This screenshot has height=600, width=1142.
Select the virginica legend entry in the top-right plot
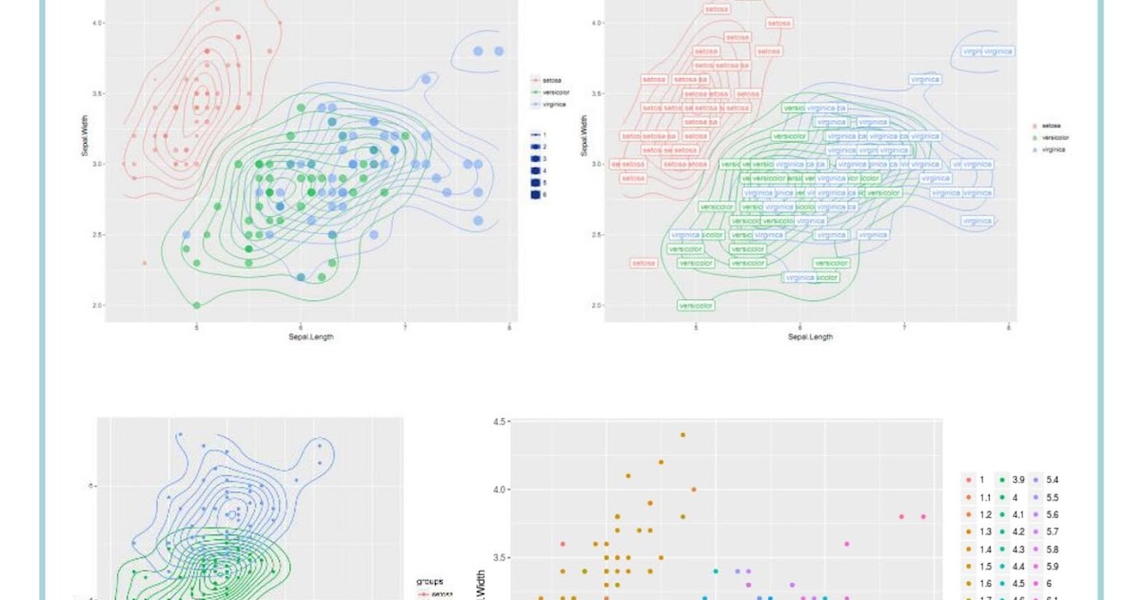[x=1053, y=150]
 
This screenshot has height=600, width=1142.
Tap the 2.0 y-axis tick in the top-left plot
[x=98, y=305]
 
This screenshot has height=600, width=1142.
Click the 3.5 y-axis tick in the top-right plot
[x=597, y=93]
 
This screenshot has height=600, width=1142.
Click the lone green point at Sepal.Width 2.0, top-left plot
[x=197, y=305]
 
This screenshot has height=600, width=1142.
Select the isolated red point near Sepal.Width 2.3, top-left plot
[x=145, y=262]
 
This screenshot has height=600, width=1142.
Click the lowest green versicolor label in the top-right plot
[x=696, y=306]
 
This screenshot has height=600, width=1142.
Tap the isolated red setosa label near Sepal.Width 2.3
[x=644, y=263]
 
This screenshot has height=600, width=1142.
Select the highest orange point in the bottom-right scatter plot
[x=682, y=434]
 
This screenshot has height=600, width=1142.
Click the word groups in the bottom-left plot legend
[x=429, y=581]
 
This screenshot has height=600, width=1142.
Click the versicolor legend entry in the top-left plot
[x=554, y=92]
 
